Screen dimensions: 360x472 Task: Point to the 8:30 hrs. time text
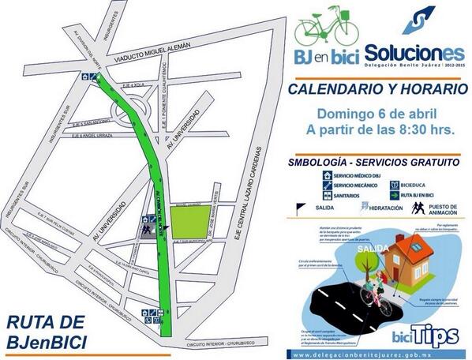[427, 129]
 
